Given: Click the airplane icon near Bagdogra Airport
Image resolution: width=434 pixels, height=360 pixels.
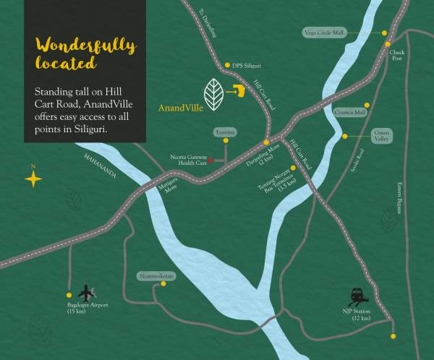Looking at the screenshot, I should click(x=87, y=293).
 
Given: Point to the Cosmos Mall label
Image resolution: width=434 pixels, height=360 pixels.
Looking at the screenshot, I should click(x=351, y=113).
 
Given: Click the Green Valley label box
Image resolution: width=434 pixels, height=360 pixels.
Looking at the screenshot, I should click(x=380, y=135).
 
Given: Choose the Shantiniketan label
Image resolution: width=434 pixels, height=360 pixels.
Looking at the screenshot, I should click(x=156, y=276).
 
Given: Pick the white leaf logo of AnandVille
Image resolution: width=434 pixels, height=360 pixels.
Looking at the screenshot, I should click(x=213, y=94).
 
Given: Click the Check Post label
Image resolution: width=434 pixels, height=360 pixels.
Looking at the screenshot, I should click(x=397, y=56).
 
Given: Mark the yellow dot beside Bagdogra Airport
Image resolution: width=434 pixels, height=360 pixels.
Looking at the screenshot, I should click(x=69, y=295).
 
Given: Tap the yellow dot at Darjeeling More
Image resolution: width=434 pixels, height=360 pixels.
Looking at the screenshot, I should click(x=266, y=142).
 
